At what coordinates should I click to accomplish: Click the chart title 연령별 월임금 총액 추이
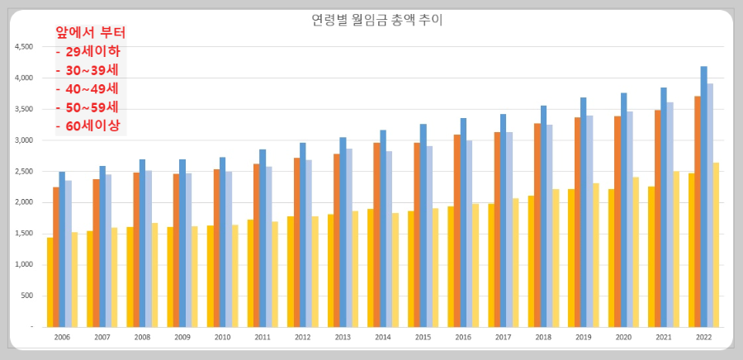[371, 20]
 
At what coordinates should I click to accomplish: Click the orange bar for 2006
[56, 257]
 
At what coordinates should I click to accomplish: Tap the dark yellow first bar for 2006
[50, 282]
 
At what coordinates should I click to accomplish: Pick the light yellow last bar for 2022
[716, 244]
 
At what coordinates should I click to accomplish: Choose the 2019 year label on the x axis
[582, 338]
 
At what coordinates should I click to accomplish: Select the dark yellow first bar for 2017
[491, 265]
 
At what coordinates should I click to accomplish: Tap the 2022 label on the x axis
[703, 338]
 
